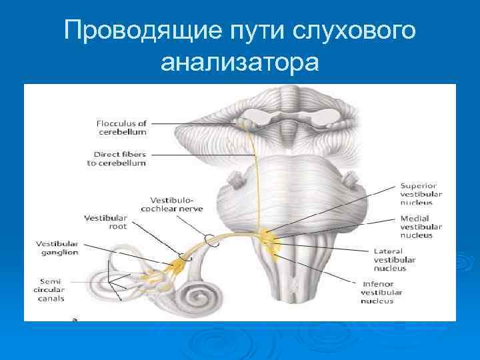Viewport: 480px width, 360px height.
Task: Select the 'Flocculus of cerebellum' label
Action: click(x=122, y=127)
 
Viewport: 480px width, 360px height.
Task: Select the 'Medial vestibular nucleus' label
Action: click(x=417, y=227)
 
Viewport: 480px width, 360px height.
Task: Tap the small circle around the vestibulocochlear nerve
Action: click(x=211, y=239)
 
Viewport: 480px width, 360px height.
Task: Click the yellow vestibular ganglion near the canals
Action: click(x=179, y=267)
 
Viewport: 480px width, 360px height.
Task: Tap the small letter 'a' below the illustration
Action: click(x=75, y=319)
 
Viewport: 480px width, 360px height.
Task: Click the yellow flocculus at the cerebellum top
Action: click(x=246, y=123)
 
